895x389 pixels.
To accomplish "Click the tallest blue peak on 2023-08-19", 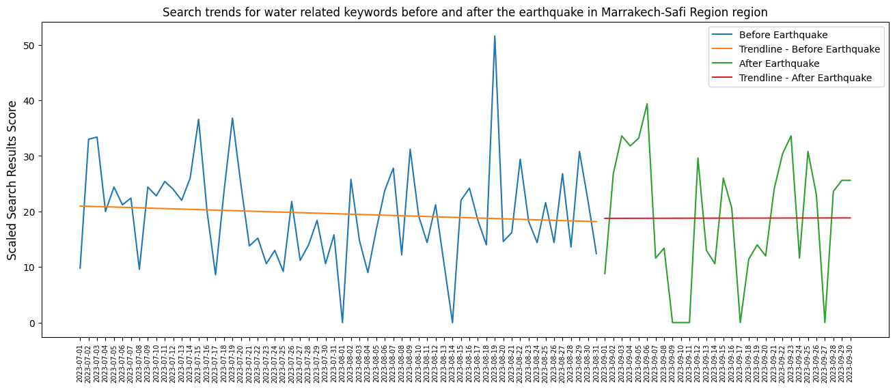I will click(x=495, y=36).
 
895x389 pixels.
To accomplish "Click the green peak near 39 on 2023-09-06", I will click(x=647, y=104).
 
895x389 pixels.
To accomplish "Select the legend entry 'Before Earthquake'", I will click(x=778, y=35).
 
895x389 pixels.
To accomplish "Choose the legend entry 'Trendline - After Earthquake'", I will click(x=805, y=78).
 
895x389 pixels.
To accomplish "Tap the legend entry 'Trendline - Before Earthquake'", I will click(x=809, y=49).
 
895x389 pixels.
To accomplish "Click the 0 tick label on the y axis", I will click(x=34, y=323).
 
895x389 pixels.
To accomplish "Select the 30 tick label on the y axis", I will click(x=31, y=156).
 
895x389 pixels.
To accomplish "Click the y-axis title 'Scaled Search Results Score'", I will click(x=13, y=180).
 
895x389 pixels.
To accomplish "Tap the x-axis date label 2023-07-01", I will click(x=80, y=363).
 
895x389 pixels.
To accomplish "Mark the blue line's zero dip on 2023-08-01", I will click(x=342, y=322).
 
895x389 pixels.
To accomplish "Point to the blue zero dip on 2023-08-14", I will click(x=452, y=322).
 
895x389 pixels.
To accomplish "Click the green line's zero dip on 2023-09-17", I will click(x=740, y=322).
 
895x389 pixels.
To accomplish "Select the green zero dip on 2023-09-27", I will click(x=825, y=322).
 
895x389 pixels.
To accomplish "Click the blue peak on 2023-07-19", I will click(x=232, y=118).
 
